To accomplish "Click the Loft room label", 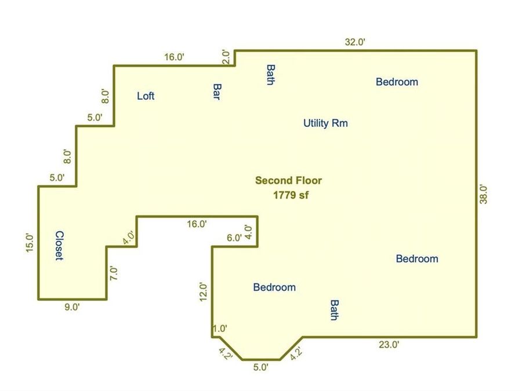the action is [x=146, y=96].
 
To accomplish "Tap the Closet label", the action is [x=59, y=246].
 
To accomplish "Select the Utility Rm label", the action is [x=325, y=123].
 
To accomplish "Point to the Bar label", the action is [x=217, y=92].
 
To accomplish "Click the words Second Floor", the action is [x=289, y=181].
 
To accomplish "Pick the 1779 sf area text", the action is [x=291, y=195].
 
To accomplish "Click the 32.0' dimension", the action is [x=355, y=42].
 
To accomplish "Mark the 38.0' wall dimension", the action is [x=483, y=194].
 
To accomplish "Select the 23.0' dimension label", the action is [x=389, y=345].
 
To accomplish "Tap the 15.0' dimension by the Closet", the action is [x=30, y=243].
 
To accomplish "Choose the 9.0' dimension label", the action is [x=72, y=307].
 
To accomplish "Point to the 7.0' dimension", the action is [x=114, y=273].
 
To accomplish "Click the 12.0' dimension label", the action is [x=203, y=292].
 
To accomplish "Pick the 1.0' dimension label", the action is [x=220, y=328].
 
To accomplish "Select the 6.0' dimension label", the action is [x=234, y=237].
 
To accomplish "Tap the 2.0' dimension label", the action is [x=226, y=57].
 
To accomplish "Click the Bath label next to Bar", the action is [x=271, y=75].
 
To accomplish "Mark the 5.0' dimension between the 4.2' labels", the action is [x=260, y=367].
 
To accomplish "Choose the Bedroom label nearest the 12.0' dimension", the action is [x=274, y=287].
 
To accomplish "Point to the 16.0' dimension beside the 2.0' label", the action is [x=174, y=57].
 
